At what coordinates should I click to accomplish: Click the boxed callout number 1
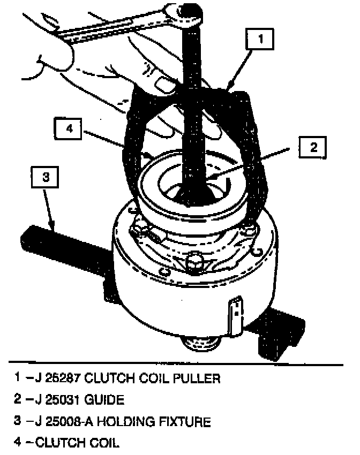(260, 39)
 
